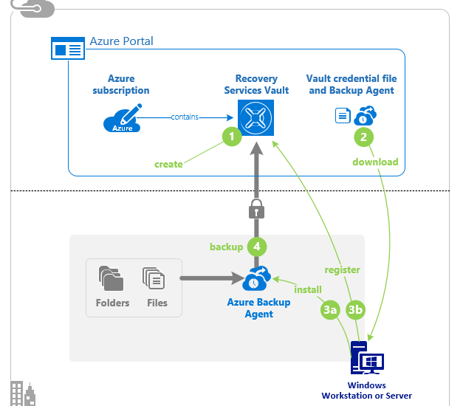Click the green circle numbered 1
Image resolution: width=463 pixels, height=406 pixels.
[x=232, y=137]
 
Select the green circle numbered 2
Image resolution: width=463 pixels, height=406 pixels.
[x=363, y=137]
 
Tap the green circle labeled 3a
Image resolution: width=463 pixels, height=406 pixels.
[x=330, y=311]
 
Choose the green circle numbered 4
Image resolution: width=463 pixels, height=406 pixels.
[x=256, y=246]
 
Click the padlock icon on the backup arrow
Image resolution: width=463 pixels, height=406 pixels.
[x=256, y=210]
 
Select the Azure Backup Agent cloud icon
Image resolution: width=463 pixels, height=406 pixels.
[x=257, y=279]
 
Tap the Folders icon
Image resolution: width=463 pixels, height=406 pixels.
[x=112, y=278]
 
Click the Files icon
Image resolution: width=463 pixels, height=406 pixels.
[x=154, y=278]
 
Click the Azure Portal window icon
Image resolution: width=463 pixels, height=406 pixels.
[x=67, y=49]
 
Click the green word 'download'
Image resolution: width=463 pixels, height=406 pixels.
[x=375, y=162]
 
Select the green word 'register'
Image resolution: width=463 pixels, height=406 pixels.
[x=343, y=270]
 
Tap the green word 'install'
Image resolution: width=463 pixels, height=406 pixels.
[x=308, y=289]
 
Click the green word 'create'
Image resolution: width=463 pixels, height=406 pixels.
[x=168, y=164]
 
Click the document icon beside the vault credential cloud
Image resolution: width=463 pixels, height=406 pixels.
[x=343, y=116]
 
